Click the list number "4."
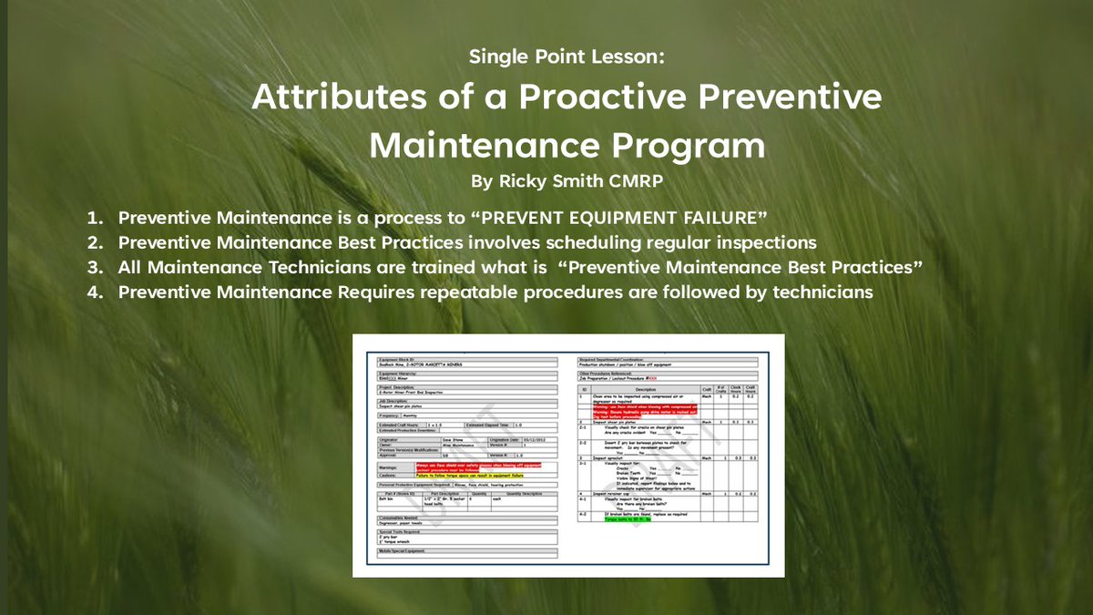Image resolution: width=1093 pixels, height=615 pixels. (96, 292)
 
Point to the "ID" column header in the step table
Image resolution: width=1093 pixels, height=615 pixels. (586, 389)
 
